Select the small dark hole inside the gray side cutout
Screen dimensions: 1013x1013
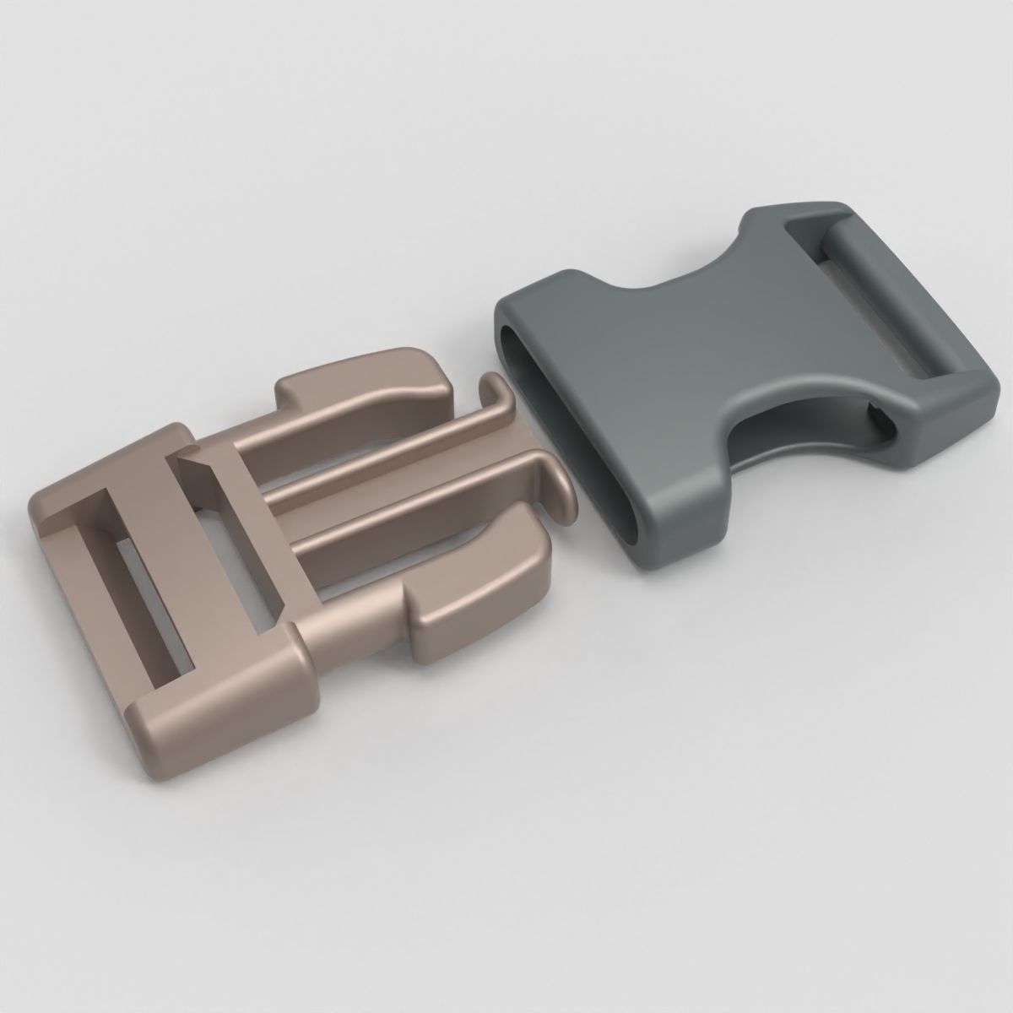[878, 422]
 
